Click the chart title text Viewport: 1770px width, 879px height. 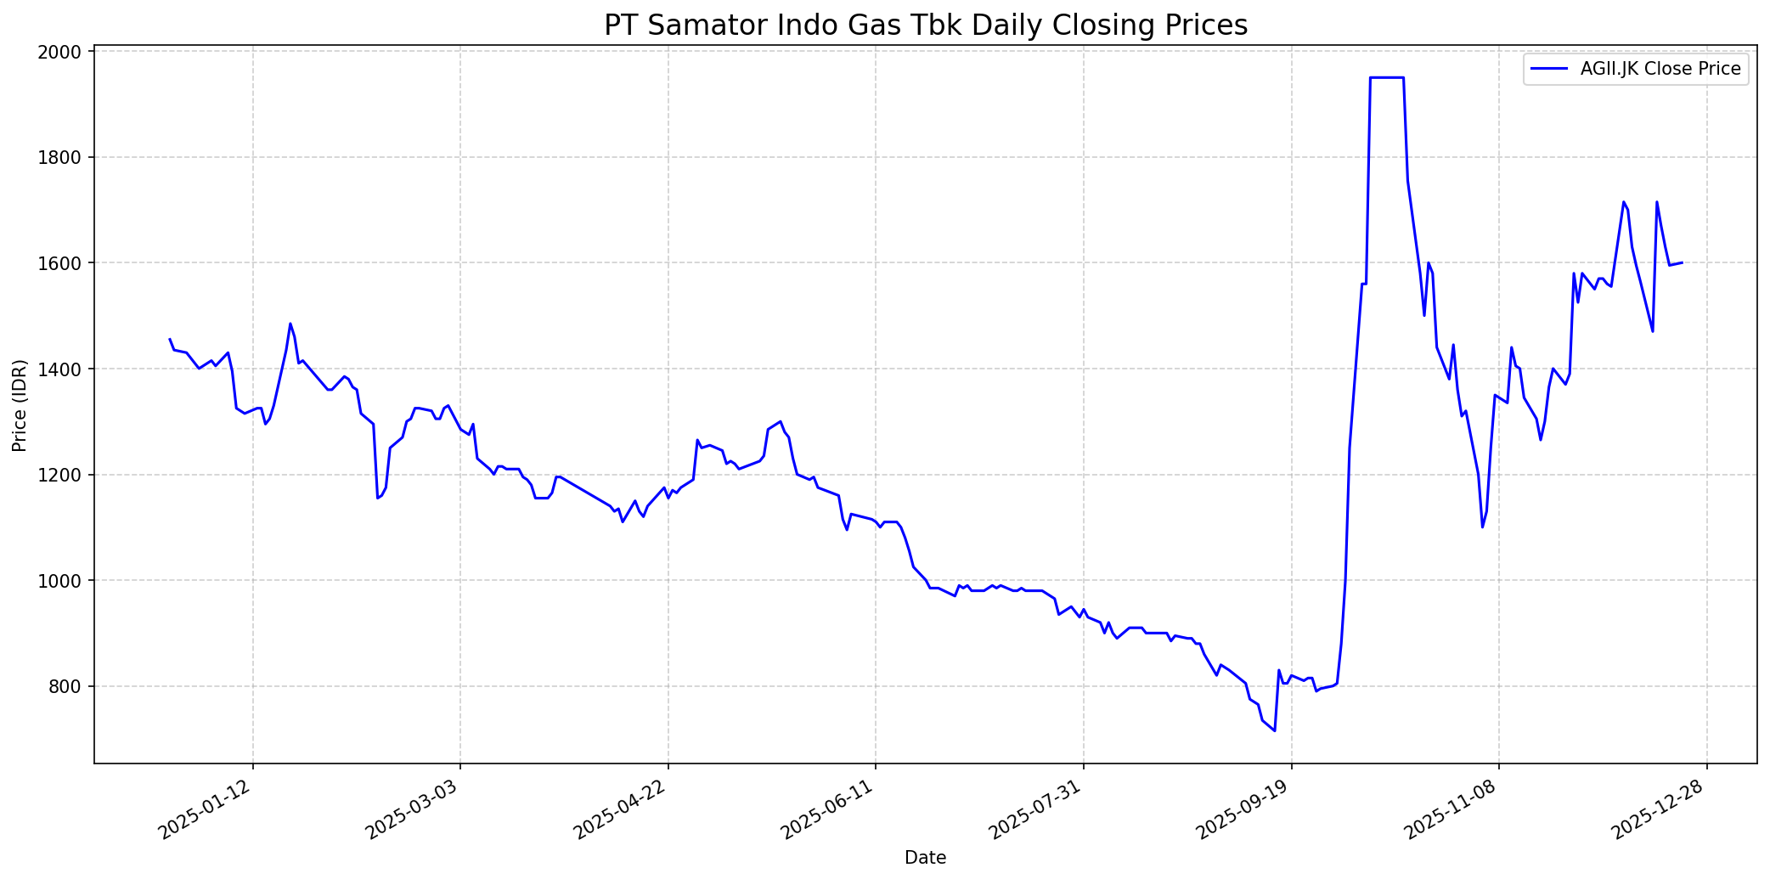pyautogui.click(x=925, y=25)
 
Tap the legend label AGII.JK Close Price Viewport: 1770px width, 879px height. pyautogui.click(x=1660, y=70)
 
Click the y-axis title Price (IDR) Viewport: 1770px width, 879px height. pyautogui.click(x=20, y=405)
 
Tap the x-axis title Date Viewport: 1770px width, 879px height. pyautogui.click(x=925, y=858)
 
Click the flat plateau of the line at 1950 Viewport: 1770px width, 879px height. pyautogui.click(x=1387, y=77)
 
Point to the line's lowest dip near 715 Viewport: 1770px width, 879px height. pyautogui.click(x=1274, y=730)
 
